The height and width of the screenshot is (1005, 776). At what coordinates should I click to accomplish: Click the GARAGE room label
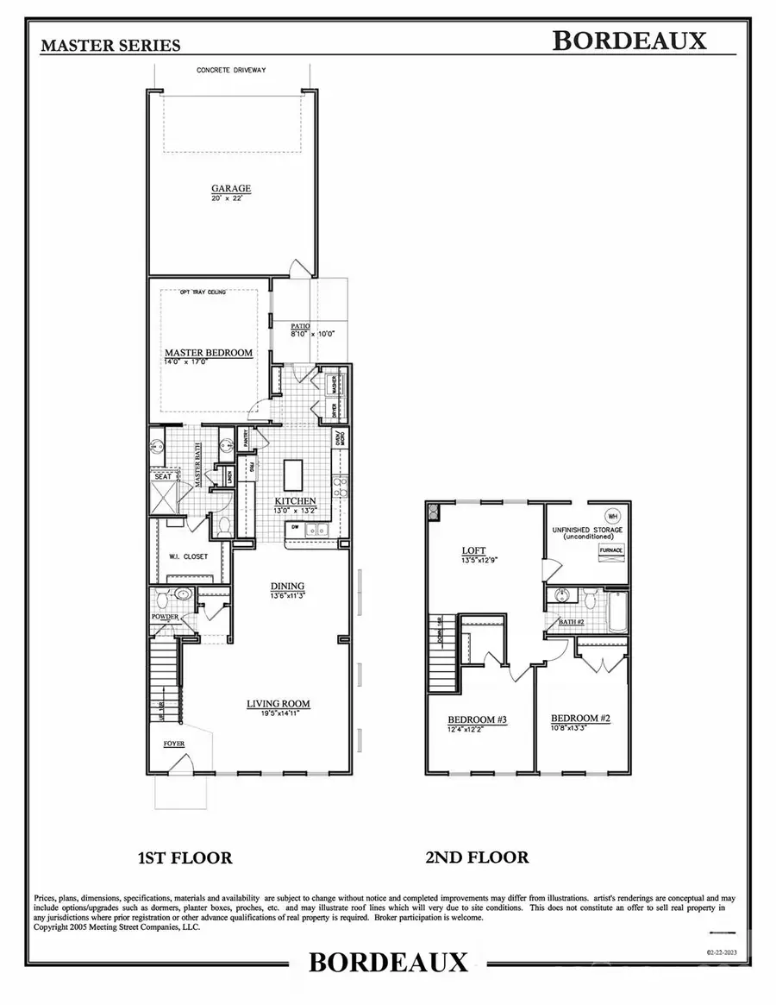(231, 188)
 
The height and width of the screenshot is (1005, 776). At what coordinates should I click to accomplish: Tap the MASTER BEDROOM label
(209, 353)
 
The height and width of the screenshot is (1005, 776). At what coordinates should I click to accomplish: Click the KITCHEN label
(295, 501)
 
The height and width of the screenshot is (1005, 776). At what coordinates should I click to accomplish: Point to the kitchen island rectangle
(293, 474)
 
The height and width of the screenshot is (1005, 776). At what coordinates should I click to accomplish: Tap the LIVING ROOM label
(278, 704)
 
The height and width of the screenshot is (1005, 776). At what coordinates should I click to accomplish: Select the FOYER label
(175, 741)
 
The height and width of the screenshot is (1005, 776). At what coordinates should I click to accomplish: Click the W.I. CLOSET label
(188, 556)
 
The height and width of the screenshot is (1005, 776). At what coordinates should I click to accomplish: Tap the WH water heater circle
(613, 516)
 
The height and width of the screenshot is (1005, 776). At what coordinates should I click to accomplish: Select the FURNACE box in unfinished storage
(611, 550)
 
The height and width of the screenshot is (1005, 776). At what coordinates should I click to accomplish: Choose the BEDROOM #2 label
(580, 718)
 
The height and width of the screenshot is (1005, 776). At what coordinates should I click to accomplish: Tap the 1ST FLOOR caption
(185, 857)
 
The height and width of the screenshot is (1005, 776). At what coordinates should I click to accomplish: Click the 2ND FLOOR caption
(476, 857)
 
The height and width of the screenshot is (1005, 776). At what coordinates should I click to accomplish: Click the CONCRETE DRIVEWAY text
(231, 71)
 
